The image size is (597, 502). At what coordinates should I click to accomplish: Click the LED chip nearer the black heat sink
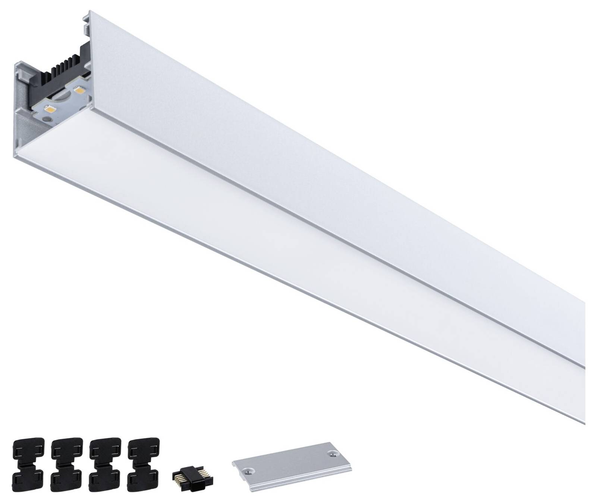tap(79, 90)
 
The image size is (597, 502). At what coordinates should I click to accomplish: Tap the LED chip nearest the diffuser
tap(50, 109)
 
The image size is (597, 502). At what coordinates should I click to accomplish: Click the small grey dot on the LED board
tap(47, 119)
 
